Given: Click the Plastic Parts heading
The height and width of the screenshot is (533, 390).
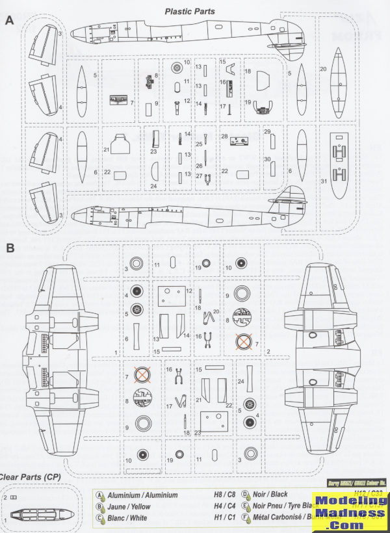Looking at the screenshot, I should click(x=189, y=12).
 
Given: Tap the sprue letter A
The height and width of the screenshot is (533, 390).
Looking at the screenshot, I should click(x=9, y=20).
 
